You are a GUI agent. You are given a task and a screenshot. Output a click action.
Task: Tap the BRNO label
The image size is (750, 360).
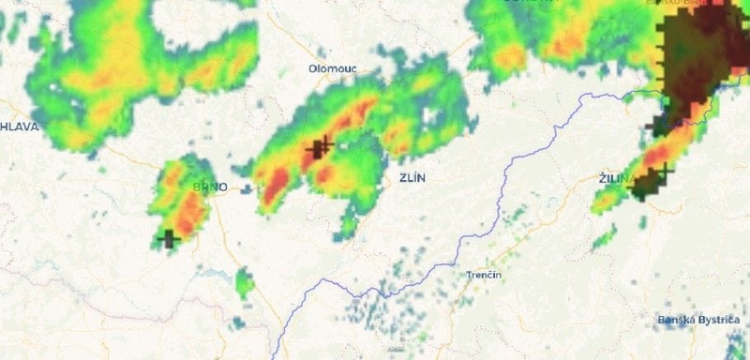pyautogui.click(x=209, y=187)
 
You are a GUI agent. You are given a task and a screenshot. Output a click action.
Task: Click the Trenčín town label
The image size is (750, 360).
pyautogui.click(x=484, y=275)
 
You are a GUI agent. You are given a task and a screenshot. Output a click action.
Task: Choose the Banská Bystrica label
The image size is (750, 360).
pyautogui.click(x=698, y=321)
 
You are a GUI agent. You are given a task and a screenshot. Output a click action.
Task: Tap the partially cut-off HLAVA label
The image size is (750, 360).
pyautogui.click(x=18, y=126)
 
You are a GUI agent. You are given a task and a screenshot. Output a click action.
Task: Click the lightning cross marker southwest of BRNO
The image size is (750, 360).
pyautogui.click(x=169, y=238)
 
